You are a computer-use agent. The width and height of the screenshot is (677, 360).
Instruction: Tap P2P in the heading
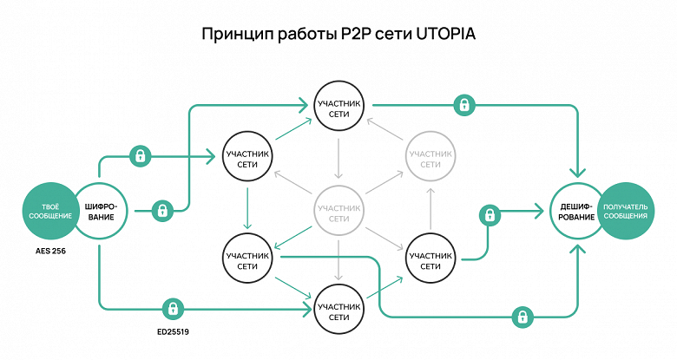(x=345, y=35)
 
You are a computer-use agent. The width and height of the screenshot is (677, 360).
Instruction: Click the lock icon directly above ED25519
(x=174, y=308)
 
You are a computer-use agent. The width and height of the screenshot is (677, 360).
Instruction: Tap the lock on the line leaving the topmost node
(x=465, y=106)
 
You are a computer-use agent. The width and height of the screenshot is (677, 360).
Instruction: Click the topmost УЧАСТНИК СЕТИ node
(x=338, y=106)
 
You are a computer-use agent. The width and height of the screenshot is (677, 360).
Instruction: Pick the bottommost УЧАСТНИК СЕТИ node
(x=338, y=308)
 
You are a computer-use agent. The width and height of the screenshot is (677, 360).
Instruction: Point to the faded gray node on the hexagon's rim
(x=430, y=157)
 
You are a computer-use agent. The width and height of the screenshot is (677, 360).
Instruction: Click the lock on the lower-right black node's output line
(x=490, y=213)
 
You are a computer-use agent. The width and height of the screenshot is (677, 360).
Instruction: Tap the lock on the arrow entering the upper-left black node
(x=140, y=157)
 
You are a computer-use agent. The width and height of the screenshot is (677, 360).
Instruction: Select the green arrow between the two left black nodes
(x=248, y=208)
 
